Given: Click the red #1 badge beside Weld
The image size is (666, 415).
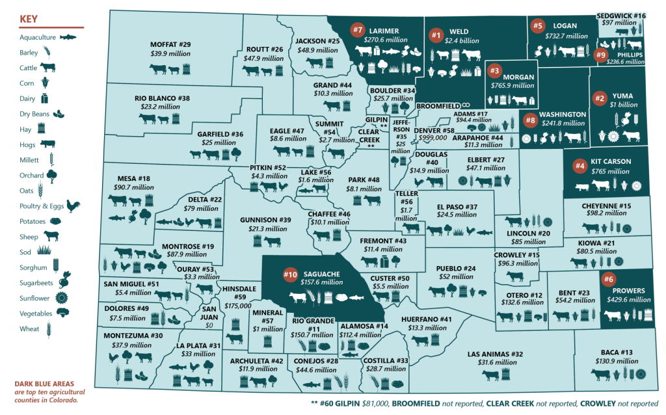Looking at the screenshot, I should click(436, 34).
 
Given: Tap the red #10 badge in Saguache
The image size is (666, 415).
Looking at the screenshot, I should click(290, 274).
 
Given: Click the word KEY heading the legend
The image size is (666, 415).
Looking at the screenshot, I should click(29, 18).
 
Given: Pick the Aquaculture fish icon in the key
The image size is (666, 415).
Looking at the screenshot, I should click(68, 38).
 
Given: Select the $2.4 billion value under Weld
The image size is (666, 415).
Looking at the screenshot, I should click(462, 40).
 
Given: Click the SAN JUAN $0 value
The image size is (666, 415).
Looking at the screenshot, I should click(209, 325).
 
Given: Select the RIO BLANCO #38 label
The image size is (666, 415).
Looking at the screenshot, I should click(163, 98).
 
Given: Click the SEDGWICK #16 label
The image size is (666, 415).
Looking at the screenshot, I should click(621, 15).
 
